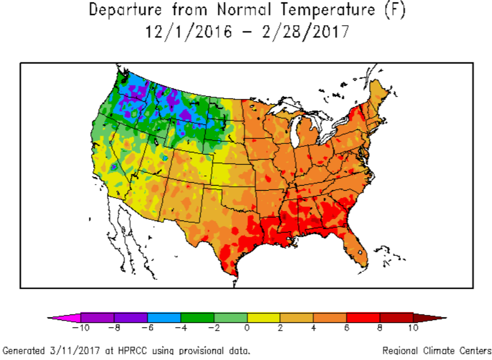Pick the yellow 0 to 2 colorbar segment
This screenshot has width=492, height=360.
click(x=263, y=318)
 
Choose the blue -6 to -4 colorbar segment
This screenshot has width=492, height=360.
click(x=164, y=318)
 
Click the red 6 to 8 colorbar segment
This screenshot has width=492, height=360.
click(x=363, y=318)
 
